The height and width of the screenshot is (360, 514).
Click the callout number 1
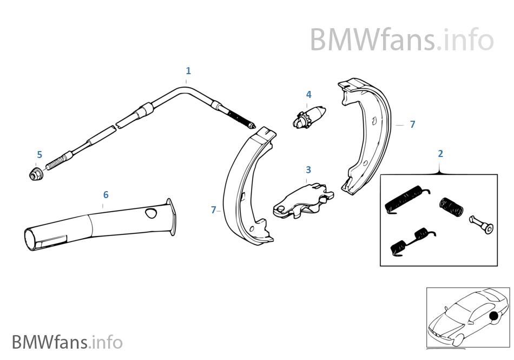coord(188,71)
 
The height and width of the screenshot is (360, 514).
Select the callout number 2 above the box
coord(440,154)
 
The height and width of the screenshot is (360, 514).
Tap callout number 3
coord(308,169)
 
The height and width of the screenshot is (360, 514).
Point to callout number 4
coord(308,95)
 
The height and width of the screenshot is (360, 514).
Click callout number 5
coord(39,155)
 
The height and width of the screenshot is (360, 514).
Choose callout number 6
coord(106,194)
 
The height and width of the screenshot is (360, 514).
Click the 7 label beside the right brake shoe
coord(412,125)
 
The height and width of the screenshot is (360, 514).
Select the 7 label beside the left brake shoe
coord(214,210)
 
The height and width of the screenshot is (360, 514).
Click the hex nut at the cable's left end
coord(35,175)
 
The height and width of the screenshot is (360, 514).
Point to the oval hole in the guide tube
coord(149,214)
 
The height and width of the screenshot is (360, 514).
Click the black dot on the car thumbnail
coord(492,317)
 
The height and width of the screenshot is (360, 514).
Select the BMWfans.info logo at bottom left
coord(67,342)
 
